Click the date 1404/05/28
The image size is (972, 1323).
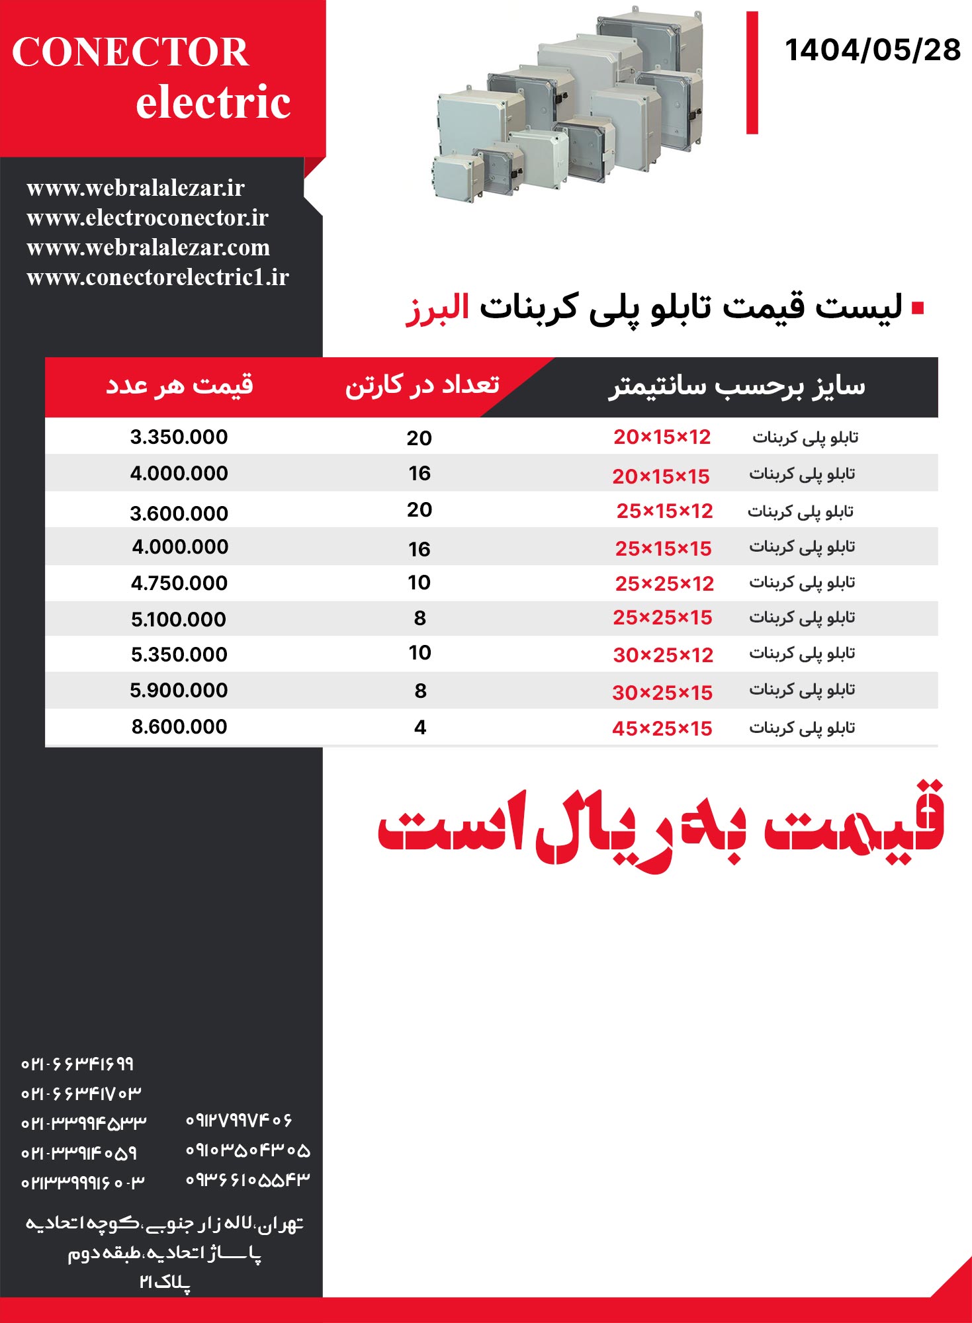(x=872, y=50)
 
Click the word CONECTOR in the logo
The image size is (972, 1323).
(x=130, y=52)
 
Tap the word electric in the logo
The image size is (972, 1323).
(x=213, y=103)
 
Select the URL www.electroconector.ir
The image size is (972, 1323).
(x=148, y=218)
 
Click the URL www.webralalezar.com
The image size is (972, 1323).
(x=148, y=247)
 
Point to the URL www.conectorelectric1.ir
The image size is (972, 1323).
(x=157, y=277)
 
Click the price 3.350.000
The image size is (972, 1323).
(x=179, y=437)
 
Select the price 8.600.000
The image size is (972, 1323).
(x=179, y=726)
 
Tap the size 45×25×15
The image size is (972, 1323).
(x=662, y=728)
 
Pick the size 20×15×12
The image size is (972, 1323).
(x=662, y=437)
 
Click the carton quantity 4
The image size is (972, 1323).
(x=420, y=728)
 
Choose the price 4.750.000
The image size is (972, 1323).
(x=179, y=583)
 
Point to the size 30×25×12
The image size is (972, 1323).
(x=663, y=655)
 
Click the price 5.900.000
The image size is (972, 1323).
(x=179, y=690)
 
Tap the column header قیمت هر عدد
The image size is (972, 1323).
(x=179, y=384)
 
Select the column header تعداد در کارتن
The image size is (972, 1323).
(x=422, y=385)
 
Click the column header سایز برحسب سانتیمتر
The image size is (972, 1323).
(x=736, y=386)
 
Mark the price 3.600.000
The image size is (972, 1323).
(x=179, y=513)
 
